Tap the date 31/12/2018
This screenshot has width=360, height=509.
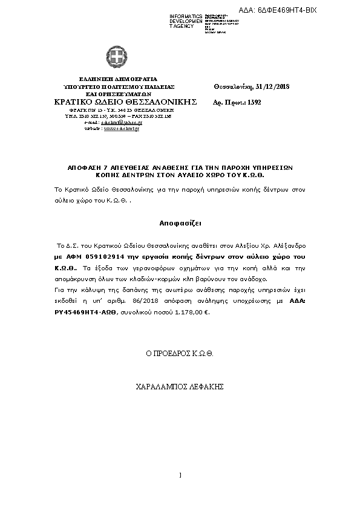[x=273, y=87]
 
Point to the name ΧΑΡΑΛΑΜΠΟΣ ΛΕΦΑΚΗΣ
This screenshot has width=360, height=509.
[x=180, y=385]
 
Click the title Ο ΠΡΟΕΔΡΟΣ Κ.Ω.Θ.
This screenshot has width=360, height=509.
[x=180, y=352]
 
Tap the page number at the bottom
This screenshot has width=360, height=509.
[x=180, y=474]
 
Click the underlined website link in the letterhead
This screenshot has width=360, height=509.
[x=122, y=129]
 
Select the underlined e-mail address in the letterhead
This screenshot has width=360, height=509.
[x=126, y=122]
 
